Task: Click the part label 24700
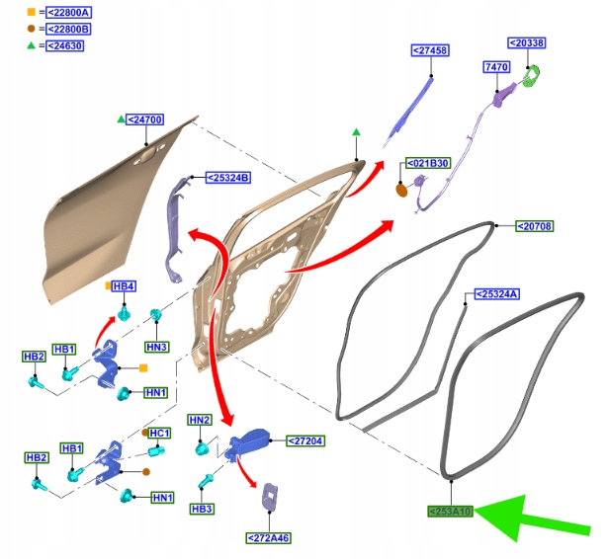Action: (x=145, y=120)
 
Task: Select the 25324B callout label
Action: (x=228, y=178)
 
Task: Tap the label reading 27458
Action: (x=430, y=49)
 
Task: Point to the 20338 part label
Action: (x=527, y=43)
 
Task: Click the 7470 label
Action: (x=496, y=66)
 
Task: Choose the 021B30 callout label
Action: (x=428, y=163)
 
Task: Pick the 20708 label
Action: (x=535, y=226)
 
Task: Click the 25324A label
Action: (x=497, y=294)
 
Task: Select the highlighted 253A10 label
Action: (x=451, y=512)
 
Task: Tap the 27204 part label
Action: (x=305, y=440)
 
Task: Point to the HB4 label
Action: (x=124, y=286)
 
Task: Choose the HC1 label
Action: (x=159, y=433)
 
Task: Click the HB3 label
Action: (x=203, y=509)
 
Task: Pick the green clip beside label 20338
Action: (x=534, y=76)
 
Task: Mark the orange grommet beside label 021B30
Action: (x=402, y=190)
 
